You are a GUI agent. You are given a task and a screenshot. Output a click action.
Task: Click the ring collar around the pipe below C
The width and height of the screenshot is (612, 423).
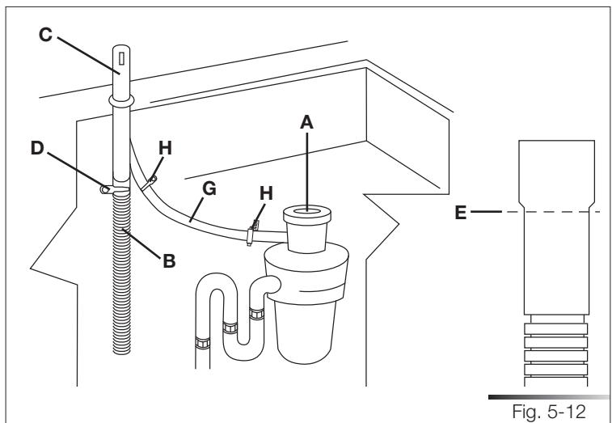click(119, 101)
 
